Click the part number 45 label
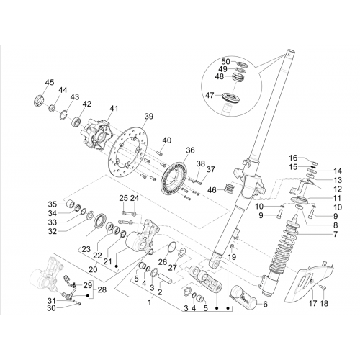click(50, 82)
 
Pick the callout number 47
click(210, 95)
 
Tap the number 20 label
click(93, 269)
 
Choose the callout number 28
click(102, 290)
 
